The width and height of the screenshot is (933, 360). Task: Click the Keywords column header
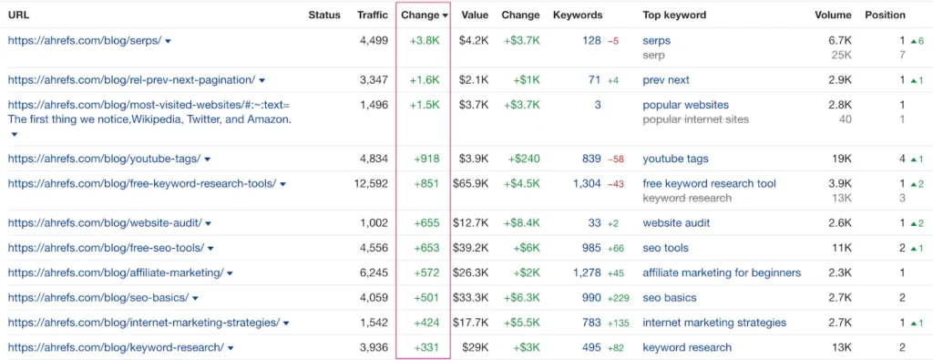pos(578,15)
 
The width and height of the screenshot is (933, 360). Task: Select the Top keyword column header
pos(674,15)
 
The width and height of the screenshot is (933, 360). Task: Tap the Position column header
pos(885,15)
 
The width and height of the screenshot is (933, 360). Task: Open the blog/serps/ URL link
pos(84,41)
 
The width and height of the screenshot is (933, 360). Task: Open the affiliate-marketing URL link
pos(115,273)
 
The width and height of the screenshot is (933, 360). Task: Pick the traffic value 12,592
pos(371,183)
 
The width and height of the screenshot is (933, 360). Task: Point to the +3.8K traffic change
pos(425,41)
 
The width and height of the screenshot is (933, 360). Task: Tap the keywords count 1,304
pos(587,183)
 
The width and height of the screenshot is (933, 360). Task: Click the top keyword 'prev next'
pos(666,80)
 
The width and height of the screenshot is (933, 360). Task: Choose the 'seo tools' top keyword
pos(665,248)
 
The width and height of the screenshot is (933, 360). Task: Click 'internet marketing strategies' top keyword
pos(714,323)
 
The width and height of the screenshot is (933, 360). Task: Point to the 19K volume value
pos(841,159)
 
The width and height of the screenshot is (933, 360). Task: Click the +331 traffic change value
pos(426,347)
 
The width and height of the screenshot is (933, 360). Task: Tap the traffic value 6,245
pos(374,273)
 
